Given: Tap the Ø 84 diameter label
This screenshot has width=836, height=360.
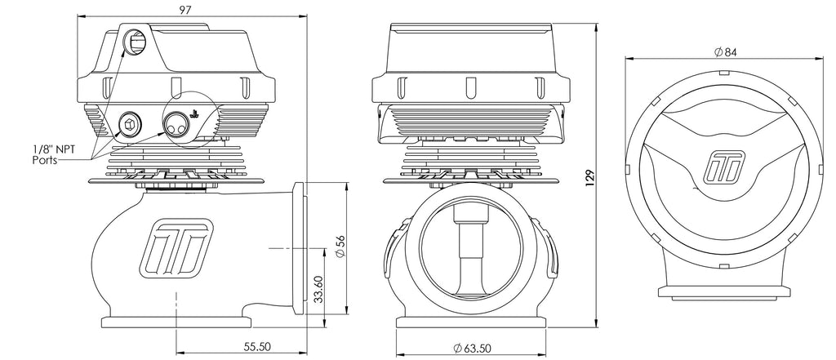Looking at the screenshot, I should [725, 52].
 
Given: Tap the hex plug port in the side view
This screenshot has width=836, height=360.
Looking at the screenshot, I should [129, 124].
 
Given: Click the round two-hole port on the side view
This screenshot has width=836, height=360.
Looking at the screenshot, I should [173, 125].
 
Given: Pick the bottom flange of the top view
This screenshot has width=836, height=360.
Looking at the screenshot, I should [724, 292].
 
